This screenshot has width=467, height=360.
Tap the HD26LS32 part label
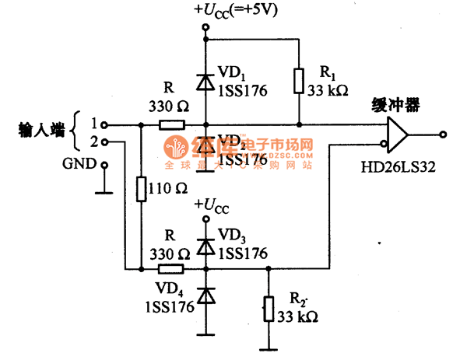(x=398, y=166)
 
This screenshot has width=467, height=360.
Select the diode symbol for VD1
(x=205, y=82)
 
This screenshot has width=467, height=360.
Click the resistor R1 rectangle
(x=300, y=80)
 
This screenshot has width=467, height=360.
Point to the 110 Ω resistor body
(x=141, y=189)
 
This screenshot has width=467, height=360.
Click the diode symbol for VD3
(x=205, y=245)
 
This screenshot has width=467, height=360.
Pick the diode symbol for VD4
(x=205, y=295)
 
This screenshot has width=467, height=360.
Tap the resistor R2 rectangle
(x=269, y=307)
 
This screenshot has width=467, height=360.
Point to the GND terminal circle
(x=104, y=164)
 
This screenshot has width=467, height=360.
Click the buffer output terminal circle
(x=442, y=134)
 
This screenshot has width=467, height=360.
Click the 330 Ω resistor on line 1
(x=170, y=124)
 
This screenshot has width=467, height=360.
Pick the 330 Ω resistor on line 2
(x=170, y=269)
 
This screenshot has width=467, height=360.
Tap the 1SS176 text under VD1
(x=242, y=91)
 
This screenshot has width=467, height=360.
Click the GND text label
(x=79, y=164)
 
